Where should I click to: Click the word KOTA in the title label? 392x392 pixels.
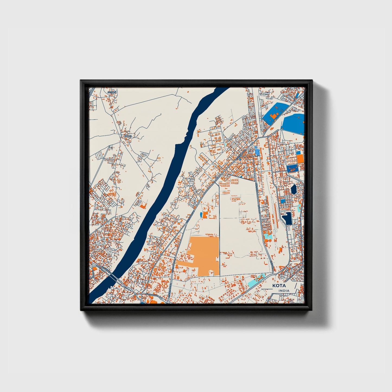[x=279, y=286]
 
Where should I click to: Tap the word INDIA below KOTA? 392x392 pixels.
[x=284, y=291]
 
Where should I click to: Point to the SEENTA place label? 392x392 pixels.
[x=112, y=92]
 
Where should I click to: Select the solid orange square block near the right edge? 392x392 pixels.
[x=300, y=159]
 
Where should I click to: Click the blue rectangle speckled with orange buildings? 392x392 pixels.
[x=292, y=168]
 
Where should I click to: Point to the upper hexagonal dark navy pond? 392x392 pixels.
[x=294, y=189]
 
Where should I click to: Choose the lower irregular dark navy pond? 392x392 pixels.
[x=287, y=218]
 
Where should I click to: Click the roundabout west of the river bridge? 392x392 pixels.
[x=94, y=265]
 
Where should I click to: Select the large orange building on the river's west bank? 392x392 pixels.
[x=143, y=206]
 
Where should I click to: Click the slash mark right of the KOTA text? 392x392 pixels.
[x=295, y=286]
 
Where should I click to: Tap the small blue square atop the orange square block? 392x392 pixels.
[x=298, y=153]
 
